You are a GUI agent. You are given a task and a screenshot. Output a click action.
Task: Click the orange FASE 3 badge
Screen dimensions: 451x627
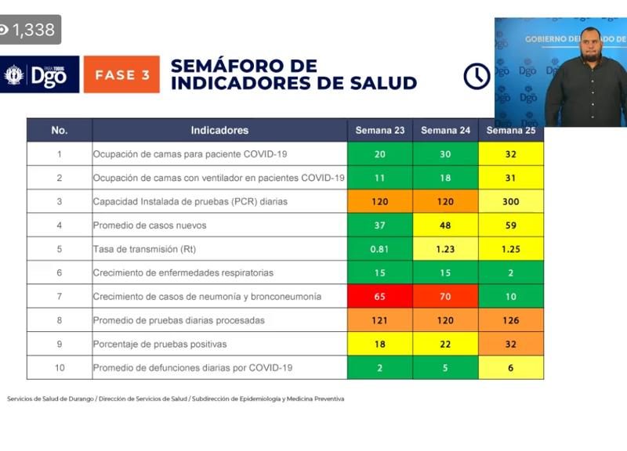[121, 75]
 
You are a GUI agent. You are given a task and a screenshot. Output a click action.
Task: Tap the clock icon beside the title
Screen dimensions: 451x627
[477, 76]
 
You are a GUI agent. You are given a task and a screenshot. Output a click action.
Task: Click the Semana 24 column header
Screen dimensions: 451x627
[445, 130]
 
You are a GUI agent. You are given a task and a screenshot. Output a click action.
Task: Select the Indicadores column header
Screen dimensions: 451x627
[219, 130]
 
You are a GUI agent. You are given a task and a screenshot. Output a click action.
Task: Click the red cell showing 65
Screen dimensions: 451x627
[380, 297]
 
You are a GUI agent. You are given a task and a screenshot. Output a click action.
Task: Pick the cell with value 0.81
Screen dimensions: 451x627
[380, 249]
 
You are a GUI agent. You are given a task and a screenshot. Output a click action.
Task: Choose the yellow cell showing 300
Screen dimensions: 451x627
[511, 201]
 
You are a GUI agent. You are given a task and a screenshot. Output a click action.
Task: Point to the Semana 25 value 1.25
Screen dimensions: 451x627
[511, 249]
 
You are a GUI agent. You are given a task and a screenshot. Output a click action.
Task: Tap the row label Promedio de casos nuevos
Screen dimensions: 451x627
[150, 225]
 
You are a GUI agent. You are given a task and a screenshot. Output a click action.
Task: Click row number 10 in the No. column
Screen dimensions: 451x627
[60, 367]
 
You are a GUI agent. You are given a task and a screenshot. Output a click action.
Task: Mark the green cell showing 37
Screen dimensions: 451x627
[380, 225]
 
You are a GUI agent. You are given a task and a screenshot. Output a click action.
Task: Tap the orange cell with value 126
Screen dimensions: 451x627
[511, 320]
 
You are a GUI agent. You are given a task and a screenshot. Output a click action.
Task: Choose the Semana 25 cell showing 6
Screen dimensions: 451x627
[511, 367]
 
